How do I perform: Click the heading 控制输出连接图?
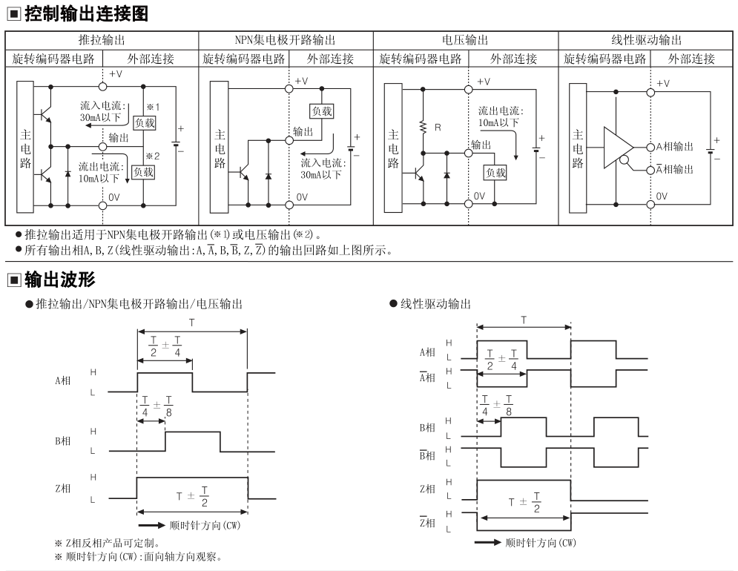tap(87, 13)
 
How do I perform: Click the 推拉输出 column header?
tap(102, 40)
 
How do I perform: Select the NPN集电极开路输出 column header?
tap(286, 40)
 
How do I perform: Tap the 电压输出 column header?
tap(465, 40)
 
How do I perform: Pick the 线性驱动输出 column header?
tap(646, 40)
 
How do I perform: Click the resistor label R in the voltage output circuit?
tap(438, 128)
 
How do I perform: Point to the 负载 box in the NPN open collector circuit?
tap(322, 111)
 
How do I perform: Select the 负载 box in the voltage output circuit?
tap(495, 173)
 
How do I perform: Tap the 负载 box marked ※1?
tap(145, 123)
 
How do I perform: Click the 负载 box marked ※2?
tap(143, 172)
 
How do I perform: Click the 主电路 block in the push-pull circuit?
tap(25, 147)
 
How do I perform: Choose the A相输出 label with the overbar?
tap(674, 169)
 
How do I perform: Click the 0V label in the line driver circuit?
tap(662, 196)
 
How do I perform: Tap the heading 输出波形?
tap(60, 280)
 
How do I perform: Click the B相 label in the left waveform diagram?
tap(62, 441)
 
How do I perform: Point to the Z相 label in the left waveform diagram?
tap(62, 488)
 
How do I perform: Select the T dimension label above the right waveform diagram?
tap(524, 320)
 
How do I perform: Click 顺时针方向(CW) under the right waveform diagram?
tap(540, 543)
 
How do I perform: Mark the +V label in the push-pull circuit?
tap(116, 74)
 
